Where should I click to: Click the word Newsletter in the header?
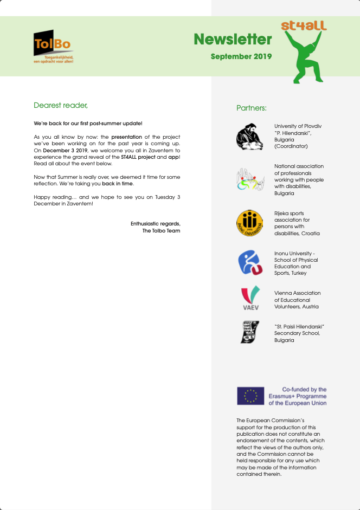click(x=233, y=40)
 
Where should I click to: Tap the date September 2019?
click(x=241, y=56)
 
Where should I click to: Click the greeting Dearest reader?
click(x=61, y=105)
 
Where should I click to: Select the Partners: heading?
click(x=252, y=108)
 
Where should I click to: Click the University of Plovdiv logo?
click(x=249, y=137)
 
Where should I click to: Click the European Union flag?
click(x=250, y=396)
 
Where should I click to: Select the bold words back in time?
click(x=117, y=184)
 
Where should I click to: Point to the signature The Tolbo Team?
click(x=161, y=231)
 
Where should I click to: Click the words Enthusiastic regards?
click(x=155, y=224)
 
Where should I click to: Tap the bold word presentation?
click(x=126, y=137)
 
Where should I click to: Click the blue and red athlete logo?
click(x=250, y=262)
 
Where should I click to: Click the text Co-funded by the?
click(x=304, y=390)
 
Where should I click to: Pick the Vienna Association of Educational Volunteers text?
click(x=297, y=300)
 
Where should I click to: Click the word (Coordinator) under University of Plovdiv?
click(x=291, y=146)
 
